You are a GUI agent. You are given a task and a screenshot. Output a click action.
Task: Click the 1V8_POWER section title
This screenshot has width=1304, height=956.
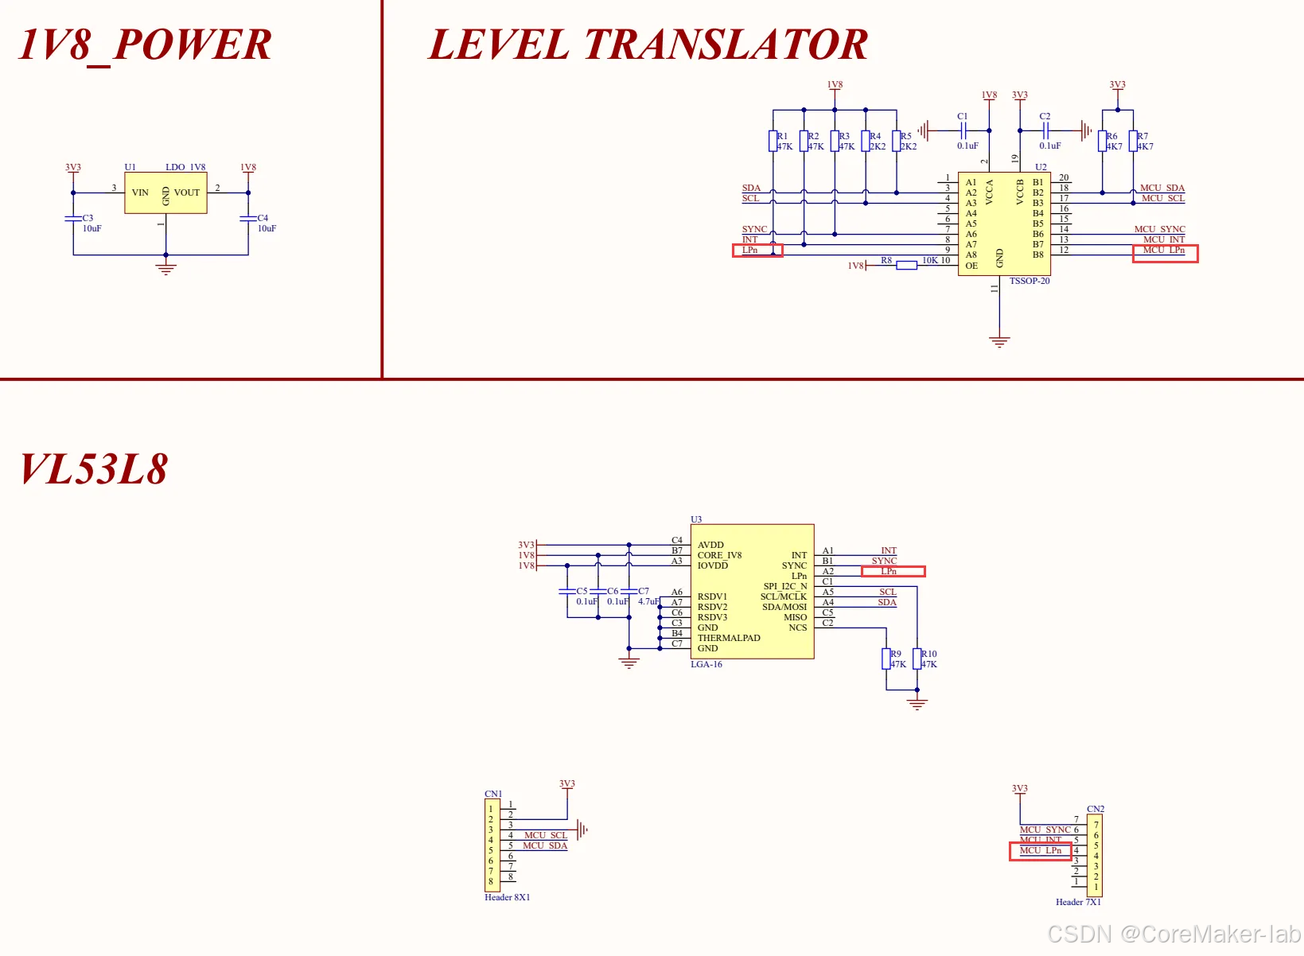(145, 45)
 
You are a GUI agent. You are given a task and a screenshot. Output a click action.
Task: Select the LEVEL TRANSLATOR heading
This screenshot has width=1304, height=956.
(648, 45)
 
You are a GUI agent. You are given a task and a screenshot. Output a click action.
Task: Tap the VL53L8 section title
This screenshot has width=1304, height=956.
(94, 469)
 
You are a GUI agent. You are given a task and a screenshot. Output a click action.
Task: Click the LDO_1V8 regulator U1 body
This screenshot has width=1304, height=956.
(165, 193)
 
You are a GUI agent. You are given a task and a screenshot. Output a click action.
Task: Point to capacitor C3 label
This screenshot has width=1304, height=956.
(88, 218)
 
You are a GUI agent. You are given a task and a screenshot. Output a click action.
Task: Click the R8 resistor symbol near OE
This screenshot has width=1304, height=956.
(906, 266)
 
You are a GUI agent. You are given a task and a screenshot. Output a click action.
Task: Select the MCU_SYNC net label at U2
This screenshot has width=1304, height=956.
(1159, 229)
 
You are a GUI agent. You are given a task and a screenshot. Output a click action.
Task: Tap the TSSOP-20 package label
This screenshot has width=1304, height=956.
(1030, 281)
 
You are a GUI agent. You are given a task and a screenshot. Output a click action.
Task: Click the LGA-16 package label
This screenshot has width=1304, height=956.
(706, 664)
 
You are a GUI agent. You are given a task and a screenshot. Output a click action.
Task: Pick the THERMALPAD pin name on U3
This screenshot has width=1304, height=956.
(729, 638)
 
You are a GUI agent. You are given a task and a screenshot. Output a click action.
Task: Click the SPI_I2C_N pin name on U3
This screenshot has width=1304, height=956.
(784, 586)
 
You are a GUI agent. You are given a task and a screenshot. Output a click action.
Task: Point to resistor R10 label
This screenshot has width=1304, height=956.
(929, 654)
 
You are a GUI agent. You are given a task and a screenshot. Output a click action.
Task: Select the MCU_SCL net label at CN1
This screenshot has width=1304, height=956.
(546, 835)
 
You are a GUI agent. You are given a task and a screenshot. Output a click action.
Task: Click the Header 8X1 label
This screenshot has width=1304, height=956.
(507, 897)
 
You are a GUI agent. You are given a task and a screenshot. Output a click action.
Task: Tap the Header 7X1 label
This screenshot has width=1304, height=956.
(1078, 902)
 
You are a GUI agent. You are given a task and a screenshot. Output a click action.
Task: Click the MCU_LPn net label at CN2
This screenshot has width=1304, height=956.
(1041, 851)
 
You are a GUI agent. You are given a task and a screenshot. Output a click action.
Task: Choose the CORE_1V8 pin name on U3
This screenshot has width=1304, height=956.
(719, 555)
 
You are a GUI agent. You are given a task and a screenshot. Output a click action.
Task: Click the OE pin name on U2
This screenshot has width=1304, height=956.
(971, 266)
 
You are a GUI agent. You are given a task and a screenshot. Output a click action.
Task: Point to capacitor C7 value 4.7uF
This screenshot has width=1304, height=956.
(648, 601)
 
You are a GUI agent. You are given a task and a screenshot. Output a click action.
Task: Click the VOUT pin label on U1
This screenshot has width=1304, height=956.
(187, 192)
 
